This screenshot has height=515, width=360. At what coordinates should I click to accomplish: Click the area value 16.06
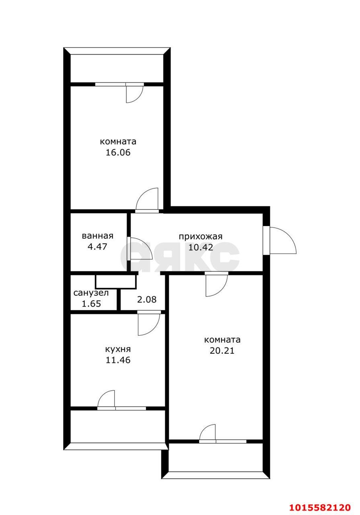(x=118, y=152)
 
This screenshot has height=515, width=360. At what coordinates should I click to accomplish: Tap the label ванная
(x=97, y=236)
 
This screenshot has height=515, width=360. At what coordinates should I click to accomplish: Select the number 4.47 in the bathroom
(x=97, y=247)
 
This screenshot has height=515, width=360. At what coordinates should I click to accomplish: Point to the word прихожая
(x=201, y=237)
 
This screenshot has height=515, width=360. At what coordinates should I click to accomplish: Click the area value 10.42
(x=201, y=247)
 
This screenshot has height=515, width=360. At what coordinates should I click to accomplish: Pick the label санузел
(x=91, y=293)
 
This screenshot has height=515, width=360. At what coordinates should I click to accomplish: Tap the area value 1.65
(x=91, y=304)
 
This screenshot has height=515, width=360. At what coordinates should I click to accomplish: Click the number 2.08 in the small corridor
(x=147, y=299)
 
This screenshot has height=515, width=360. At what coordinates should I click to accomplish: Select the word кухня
(x=118, y=349)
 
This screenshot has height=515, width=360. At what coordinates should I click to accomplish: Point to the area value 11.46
(x=118, y=360)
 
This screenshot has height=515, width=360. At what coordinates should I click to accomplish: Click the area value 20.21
(x=222, y=350)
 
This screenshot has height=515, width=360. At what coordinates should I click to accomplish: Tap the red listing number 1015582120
(x=320, y=507)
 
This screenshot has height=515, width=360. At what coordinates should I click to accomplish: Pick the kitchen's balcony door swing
(x=103, y=396)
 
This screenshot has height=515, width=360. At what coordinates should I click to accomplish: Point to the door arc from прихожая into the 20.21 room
(x=222, y=291)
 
